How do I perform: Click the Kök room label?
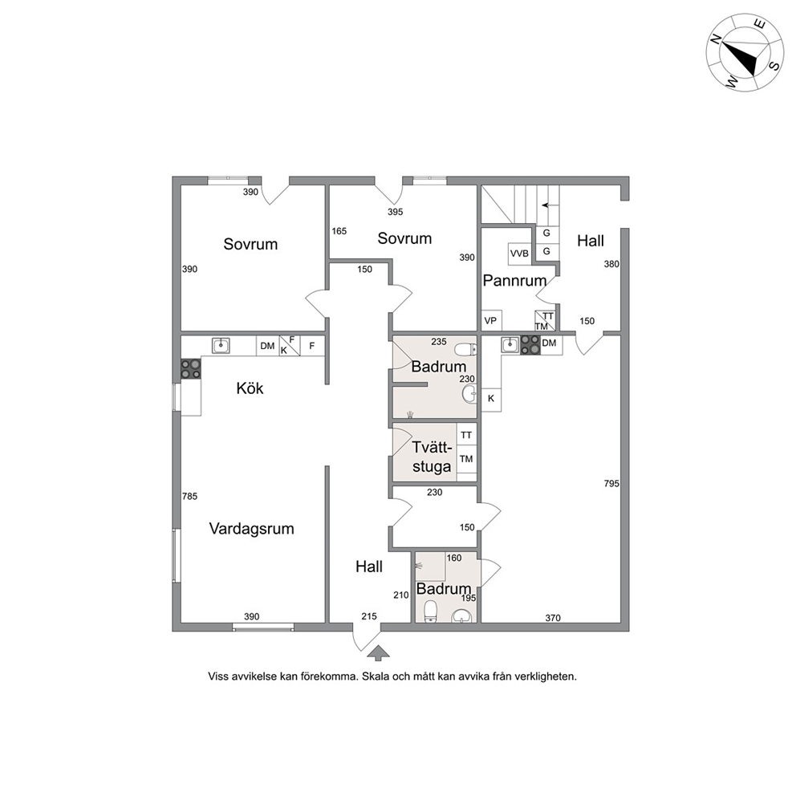click(250, 388)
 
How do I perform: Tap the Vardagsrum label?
click(252, 529)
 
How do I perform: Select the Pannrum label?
click(514, 280)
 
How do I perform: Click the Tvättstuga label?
click(432, 457)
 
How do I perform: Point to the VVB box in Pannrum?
click(519, 254)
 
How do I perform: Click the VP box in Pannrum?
click(491, 321)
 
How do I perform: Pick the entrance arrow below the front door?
click(377, 652)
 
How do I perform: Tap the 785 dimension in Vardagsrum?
click(189, 497)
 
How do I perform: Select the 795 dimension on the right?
click(611, 484)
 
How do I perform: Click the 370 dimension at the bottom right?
click(553, 618)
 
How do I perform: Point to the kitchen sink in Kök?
click(221, 345)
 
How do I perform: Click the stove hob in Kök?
click(191, 369)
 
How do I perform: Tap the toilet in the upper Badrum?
click(465, 350)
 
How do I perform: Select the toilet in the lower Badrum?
click(430, 611)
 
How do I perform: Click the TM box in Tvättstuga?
click(466, 459)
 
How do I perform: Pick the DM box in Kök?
click(267, 346)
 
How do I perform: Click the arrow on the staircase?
click(546, 205)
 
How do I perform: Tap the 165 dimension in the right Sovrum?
click(339, 231)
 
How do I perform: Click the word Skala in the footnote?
click(376, 676)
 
